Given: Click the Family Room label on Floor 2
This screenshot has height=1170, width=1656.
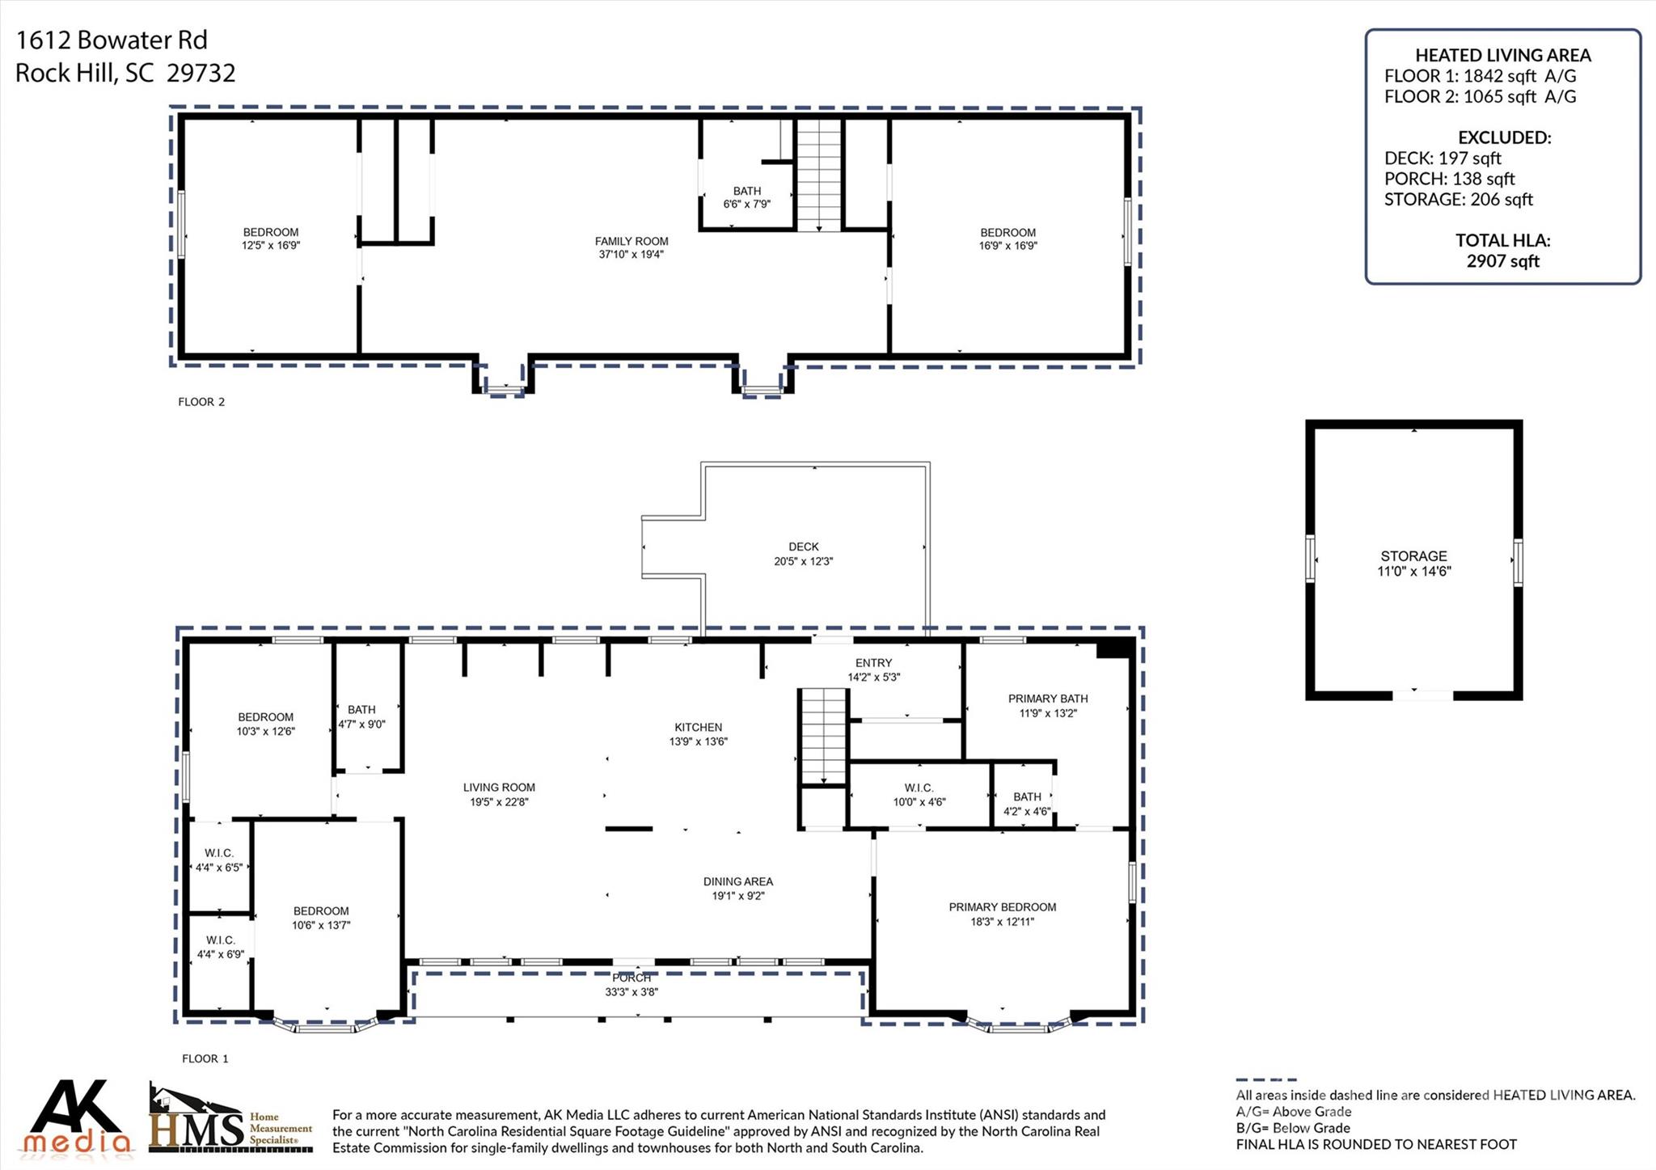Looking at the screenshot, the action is pos(632,241).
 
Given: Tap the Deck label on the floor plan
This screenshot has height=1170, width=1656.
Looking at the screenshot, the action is pos(804,547).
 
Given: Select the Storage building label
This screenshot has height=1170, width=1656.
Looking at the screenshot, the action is pos(1414,556).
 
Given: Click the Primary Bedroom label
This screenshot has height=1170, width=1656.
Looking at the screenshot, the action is pos(1003,907).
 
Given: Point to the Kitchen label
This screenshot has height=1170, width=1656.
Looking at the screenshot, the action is pos(699,728).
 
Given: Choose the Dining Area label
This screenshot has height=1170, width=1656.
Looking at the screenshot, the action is pos(738,881).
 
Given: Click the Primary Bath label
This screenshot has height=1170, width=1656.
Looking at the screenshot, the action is pos(1048,699).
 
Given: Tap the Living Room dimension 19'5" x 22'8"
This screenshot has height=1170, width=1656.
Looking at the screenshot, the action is pos(500,802).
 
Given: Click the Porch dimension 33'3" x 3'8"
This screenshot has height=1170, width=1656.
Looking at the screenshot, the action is pos(632,992).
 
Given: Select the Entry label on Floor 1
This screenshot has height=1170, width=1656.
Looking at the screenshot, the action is pos(874,663).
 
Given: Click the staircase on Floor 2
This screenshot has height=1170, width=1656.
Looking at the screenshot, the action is pos(819,175).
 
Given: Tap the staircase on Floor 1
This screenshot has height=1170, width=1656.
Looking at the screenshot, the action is pos(823,737).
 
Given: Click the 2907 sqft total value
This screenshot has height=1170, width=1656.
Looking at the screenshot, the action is pos(1503,261).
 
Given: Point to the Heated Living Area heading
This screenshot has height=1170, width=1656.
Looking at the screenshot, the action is pos(1503,55).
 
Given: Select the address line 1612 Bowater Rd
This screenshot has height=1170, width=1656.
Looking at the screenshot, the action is pos(112,40).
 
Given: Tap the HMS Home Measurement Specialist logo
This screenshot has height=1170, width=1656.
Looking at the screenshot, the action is pos(230,1119).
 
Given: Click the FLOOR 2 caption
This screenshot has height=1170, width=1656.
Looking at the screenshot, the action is pos(201,402).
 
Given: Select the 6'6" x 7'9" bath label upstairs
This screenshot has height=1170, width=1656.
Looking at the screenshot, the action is pos(747,205).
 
